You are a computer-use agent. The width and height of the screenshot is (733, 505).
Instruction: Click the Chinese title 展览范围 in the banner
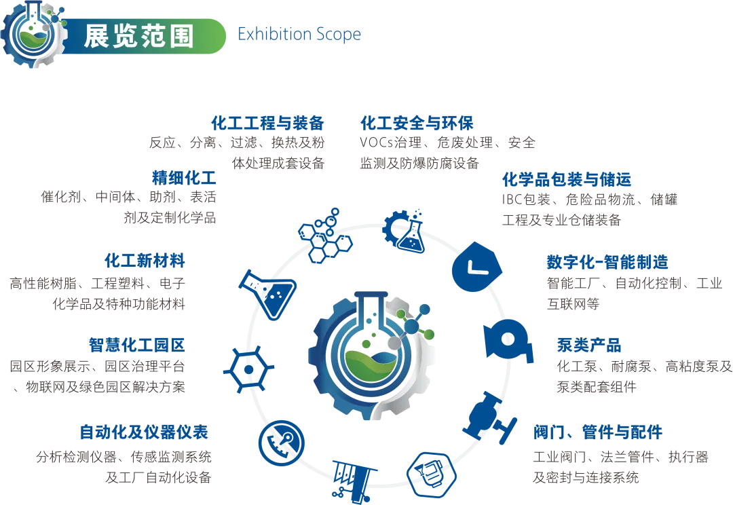[x=138, y=36]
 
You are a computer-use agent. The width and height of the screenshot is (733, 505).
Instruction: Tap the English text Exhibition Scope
[x=300, y=35]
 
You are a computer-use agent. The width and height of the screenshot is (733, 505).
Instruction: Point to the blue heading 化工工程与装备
[x=268, y=124]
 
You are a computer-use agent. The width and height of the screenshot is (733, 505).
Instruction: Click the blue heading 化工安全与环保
[x=418, y=124]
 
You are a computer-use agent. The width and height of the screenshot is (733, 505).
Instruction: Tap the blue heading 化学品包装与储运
[x=567, y=180]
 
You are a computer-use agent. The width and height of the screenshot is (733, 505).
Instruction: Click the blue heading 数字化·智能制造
[x=607, y=263]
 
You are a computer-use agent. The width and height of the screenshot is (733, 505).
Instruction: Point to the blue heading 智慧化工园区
[x=136, y=345]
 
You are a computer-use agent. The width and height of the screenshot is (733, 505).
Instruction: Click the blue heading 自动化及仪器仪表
[x=143, y=431]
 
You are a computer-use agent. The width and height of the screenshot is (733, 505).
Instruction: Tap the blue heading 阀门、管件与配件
[x=597, y=432]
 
